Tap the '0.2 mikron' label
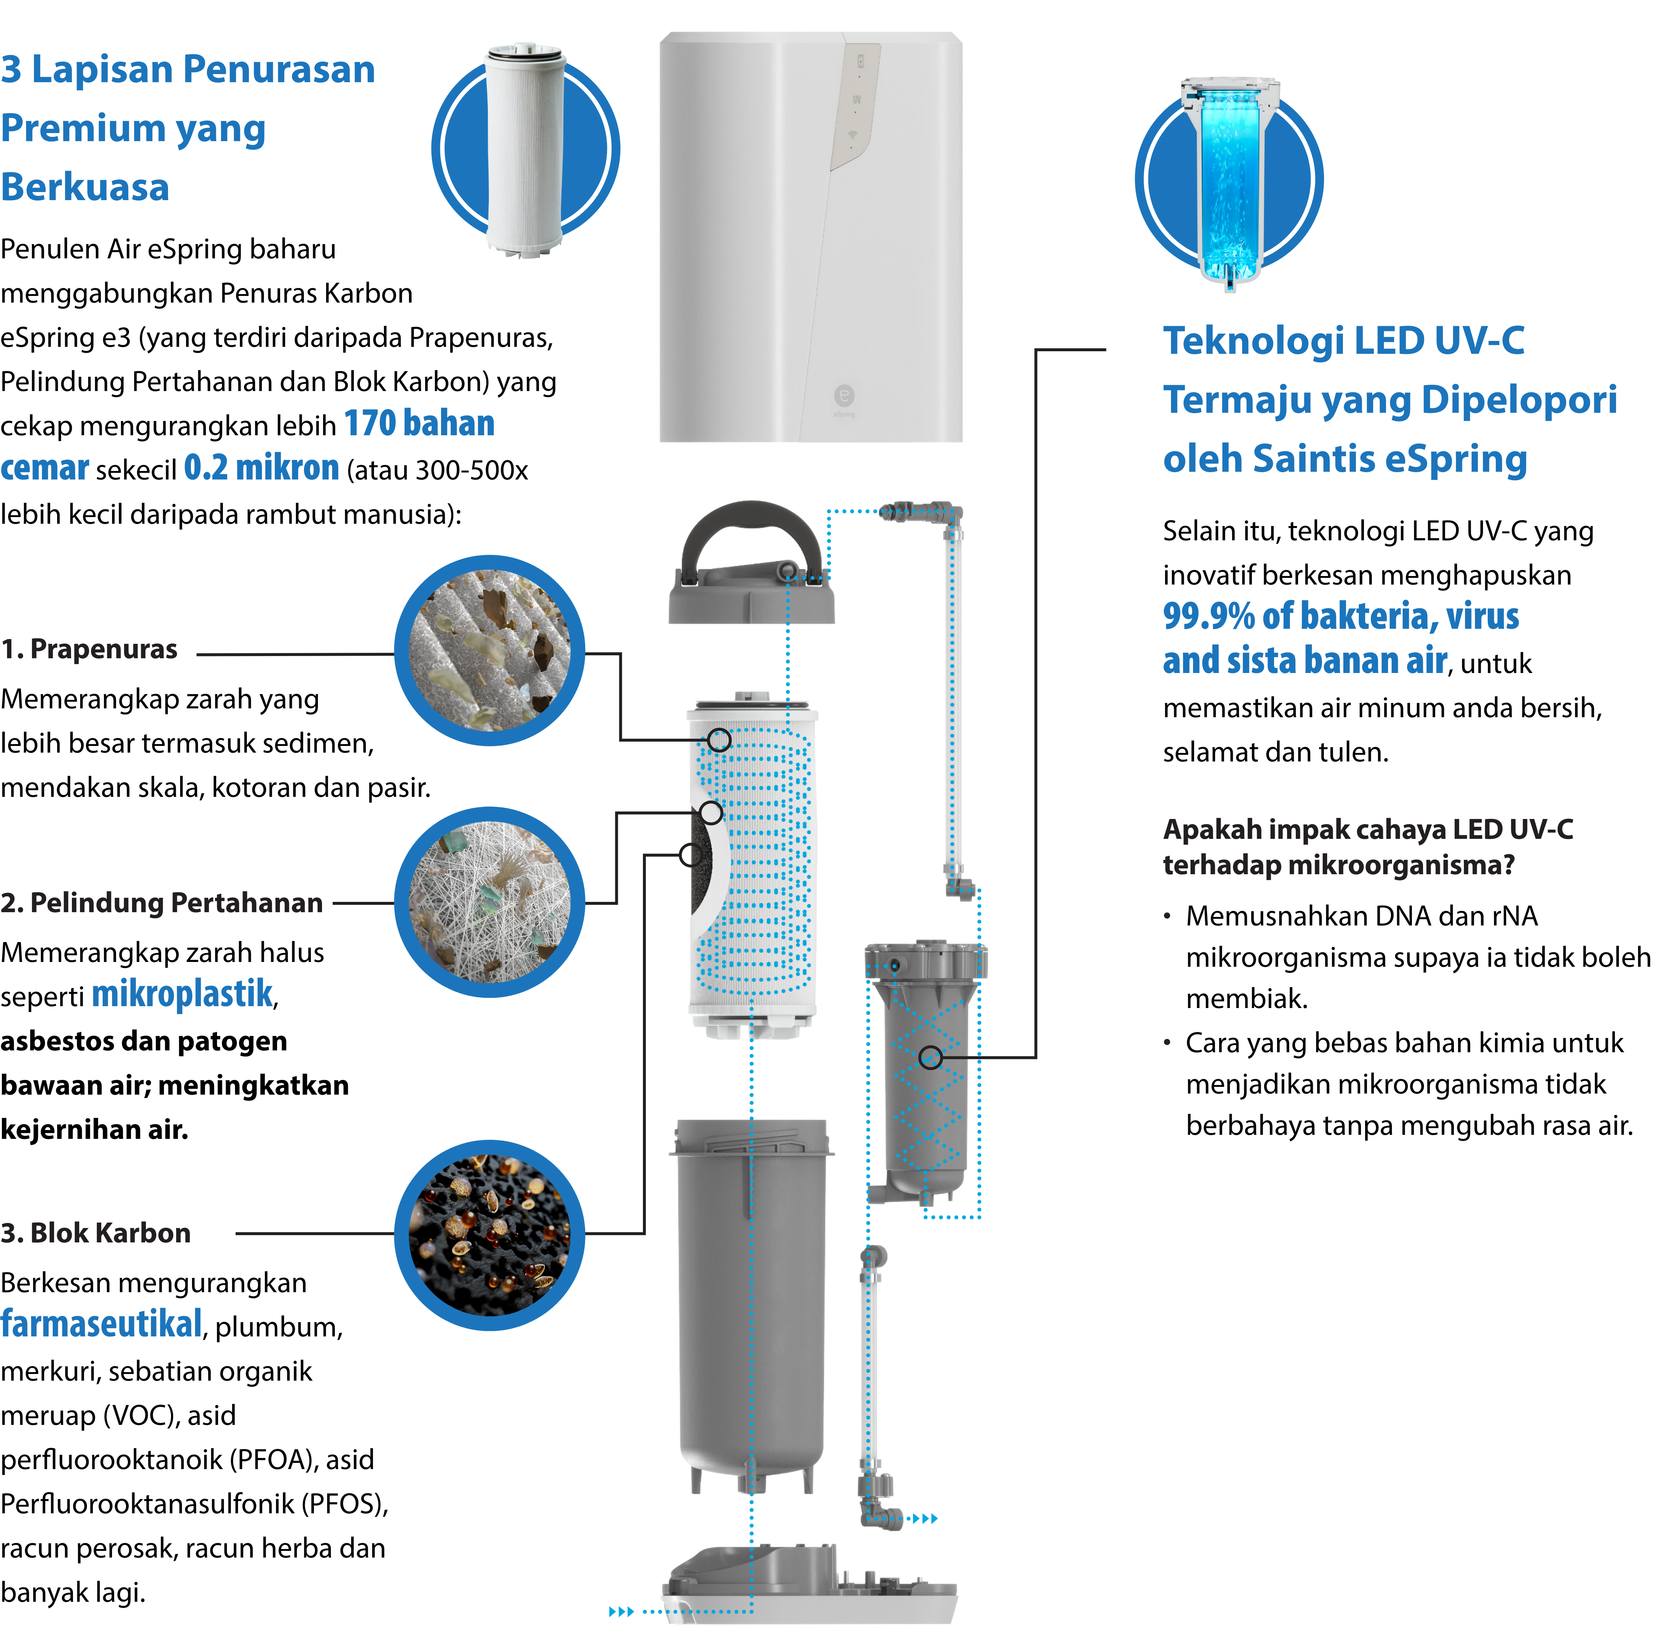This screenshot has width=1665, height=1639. click(262, 467)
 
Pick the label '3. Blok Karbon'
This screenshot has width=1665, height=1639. click(95, 1233)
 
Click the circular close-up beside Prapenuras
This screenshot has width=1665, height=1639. click(489, 650)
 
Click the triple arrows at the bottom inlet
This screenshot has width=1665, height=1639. click(621, 1611)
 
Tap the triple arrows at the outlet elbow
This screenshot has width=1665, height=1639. click(925, 1518)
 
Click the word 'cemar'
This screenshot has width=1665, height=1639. click(45, 467)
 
